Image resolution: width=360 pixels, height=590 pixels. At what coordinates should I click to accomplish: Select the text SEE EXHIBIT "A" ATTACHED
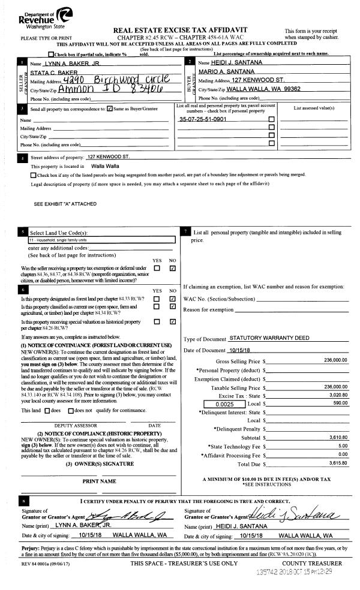(65, 204)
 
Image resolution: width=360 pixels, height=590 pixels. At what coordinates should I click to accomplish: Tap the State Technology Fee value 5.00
(342, 446)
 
